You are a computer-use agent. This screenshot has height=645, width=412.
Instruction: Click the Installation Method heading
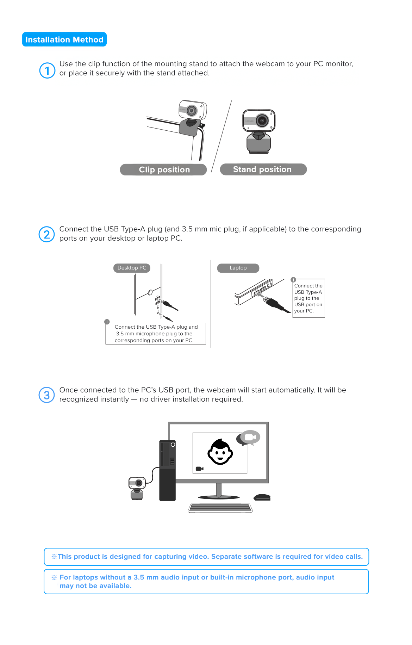64,39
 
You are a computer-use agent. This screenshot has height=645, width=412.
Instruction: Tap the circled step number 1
47,70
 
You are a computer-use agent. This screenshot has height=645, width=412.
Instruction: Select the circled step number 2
46,234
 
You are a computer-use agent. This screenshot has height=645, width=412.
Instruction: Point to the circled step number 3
46,395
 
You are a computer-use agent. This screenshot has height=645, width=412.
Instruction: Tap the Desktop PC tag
132,268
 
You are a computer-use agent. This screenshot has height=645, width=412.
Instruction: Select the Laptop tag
238,268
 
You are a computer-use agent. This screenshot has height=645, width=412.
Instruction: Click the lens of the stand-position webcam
262,120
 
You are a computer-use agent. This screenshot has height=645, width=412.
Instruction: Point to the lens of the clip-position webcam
192,111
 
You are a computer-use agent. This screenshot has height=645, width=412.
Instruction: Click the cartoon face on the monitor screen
220,452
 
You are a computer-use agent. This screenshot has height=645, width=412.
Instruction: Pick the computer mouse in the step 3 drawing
262,497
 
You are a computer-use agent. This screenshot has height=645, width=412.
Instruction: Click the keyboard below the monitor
220,508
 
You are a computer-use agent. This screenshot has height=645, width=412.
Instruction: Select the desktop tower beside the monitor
168,470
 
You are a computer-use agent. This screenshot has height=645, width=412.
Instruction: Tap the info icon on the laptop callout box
293,280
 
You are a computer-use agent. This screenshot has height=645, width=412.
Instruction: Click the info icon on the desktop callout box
107,322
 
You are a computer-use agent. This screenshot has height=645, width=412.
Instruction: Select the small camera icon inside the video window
200,469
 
